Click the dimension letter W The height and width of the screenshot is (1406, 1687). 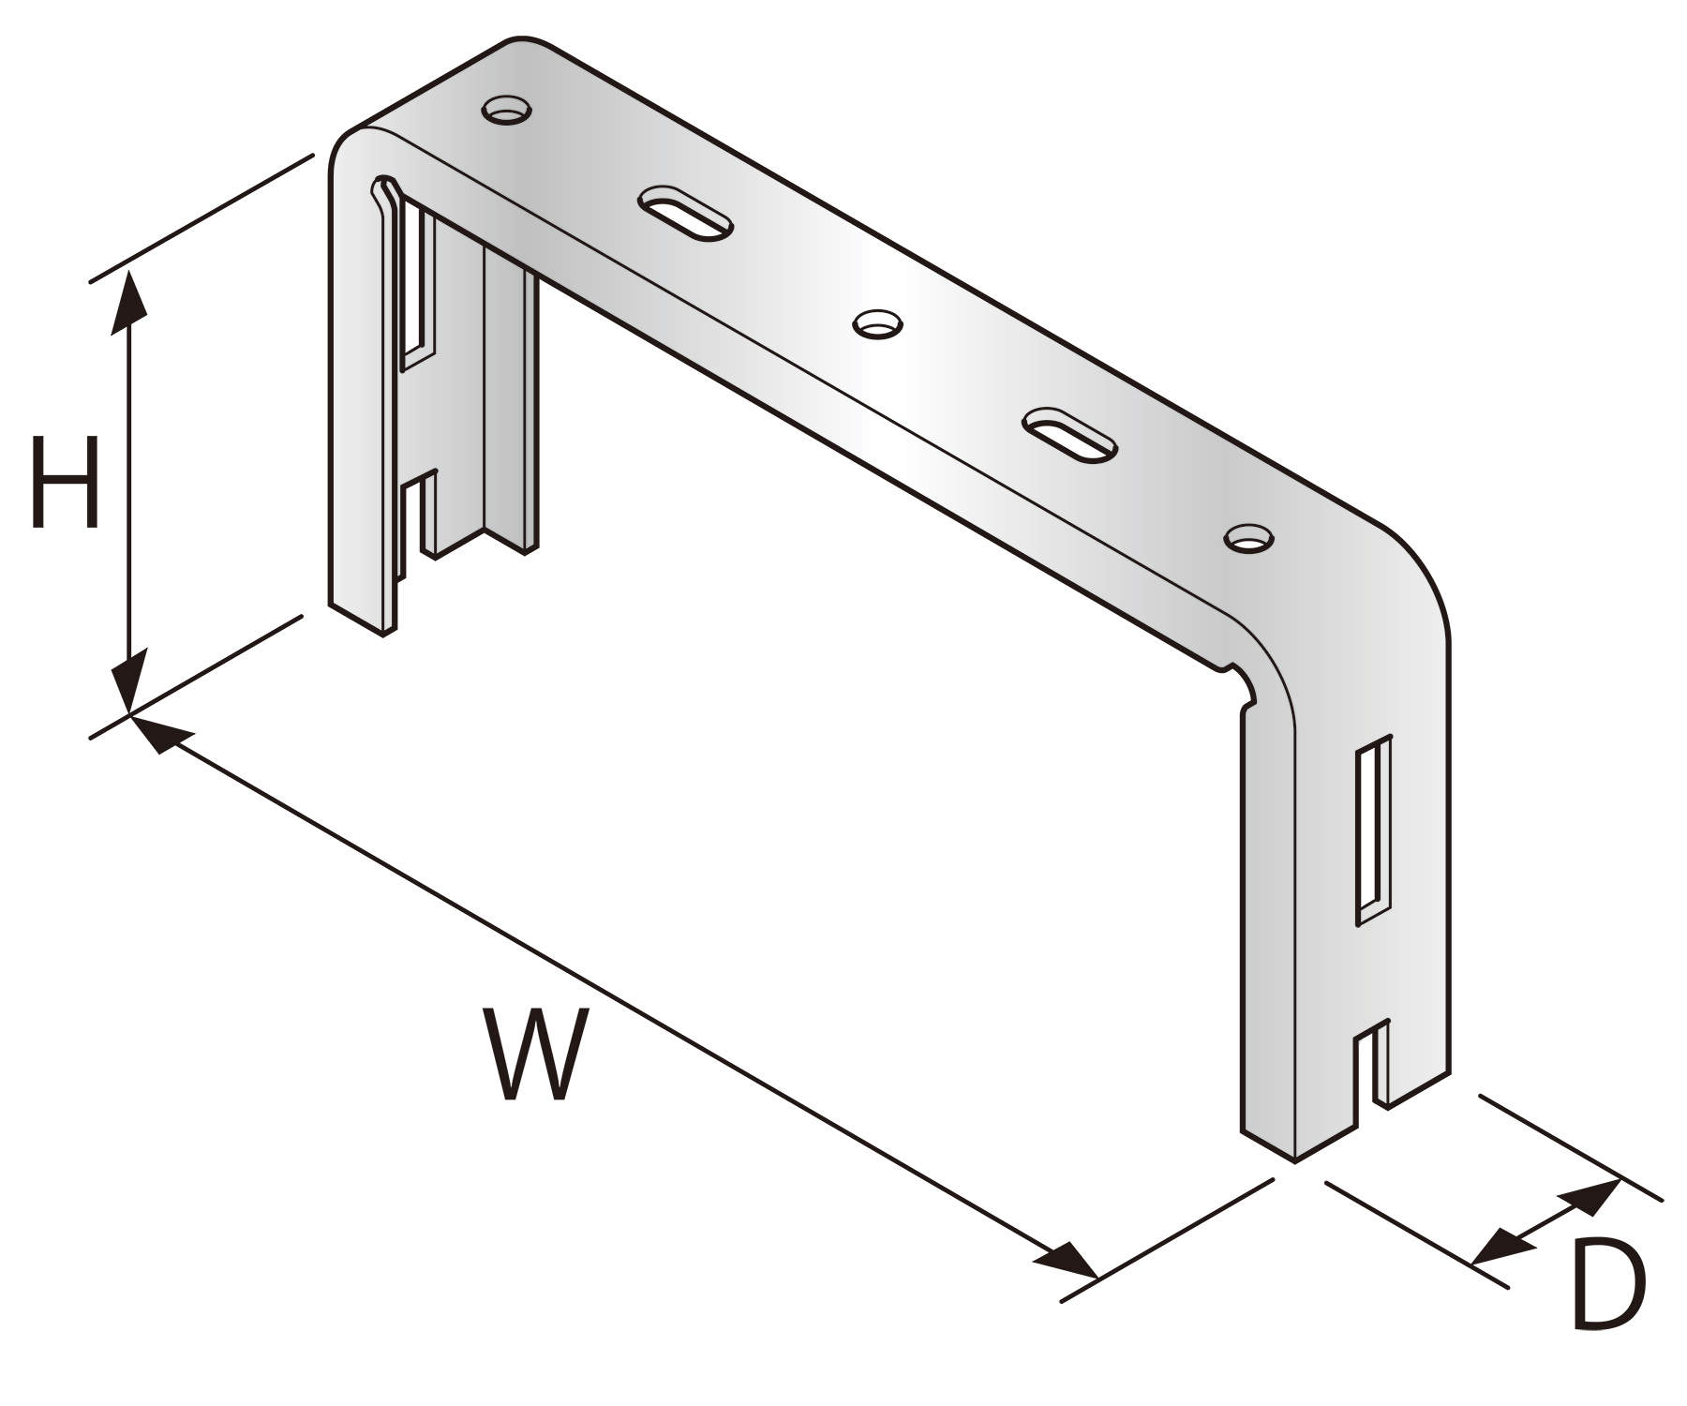pos(537,1053)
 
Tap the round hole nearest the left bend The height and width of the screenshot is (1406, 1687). pos(507,110)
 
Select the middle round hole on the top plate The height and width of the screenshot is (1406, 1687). pos(877,323)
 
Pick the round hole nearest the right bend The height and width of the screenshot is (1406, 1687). pos(1249,539)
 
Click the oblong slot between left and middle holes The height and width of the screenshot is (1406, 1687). pos(685,214)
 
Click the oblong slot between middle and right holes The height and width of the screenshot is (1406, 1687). pos(1069,434)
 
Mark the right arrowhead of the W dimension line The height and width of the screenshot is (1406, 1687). pos(1066,1259)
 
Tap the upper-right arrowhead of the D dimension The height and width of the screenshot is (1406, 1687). pos(1590,1195)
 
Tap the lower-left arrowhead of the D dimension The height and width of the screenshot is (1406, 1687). pos(1504,1244)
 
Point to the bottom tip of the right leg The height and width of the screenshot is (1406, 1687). pos(1294,1161)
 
